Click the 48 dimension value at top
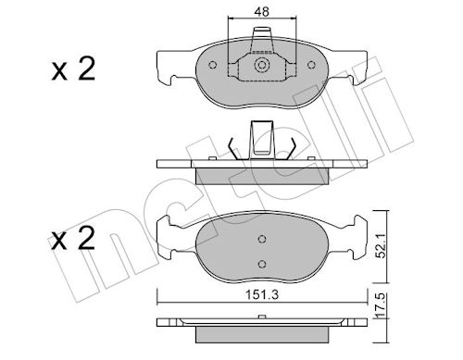261,12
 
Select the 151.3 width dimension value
262,295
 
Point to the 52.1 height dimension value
382,245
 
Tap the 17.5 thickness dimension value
382,305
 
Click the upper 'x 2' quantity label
73,69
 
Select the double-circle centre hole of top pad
262,65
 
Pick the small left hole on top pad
212,65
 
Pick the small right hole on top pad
311,65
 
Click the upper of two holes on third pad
262,239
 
